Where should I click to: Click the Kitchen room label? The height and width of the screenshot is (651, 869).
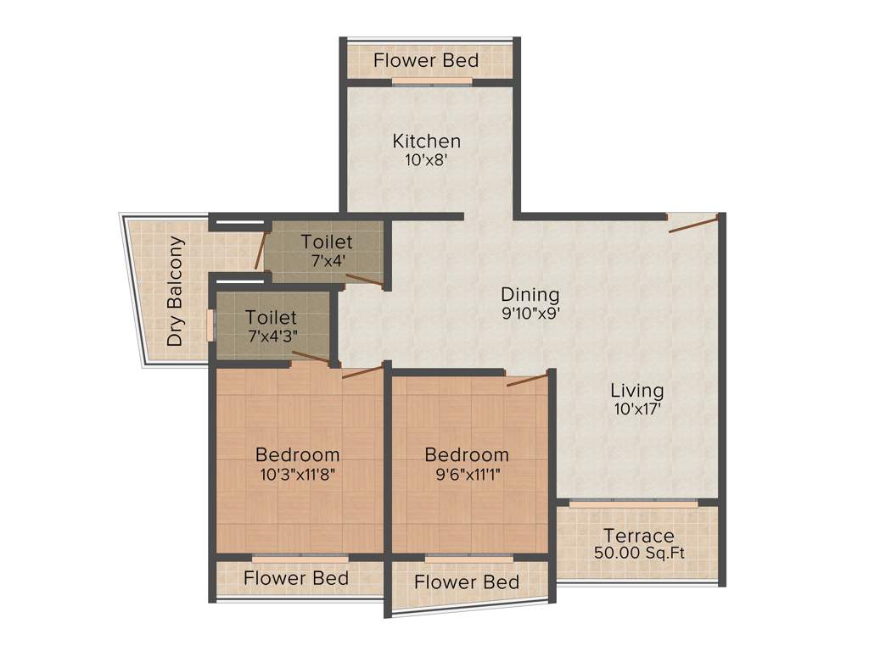click(426, 141)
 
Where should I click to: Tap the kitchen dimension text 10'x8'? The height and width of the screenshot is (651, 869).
click(426, 159)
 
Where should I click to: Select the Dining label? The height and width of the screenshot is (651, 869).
click(530, 294)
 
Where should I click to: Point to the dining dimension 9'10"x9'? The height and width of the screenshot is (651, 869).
click(530, 313)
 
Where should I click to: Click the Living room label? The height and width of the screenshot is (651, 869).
click(636, 391)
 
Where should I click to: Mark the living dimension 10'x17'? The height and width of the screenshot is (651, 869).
click(636, 409)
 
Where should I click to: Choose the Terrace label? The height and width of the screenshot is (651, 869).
click(638, 536)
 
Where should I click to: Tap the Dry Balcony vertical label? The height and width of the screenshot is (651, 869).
click(176, 291)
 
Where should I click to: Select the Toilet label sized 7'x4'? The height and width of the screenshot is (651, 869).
click(327, 242)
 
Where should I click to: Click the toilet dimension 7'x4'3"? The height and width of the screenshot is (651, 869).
click(272, 337)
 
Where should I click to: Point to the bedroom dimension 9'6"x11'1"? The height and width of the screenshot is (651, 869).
click(467, 474)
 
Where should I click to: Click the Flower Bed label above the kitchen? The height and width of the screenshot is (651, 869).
click(426, 61)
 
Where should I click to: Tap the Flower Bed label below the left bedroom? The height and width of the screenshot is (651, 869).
click(296, 578)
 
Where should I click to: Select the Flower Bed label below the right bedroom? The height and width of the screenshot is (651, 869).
click(467, 582)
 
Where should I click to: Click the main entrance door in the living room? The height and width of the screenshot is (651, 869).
click(693, 224)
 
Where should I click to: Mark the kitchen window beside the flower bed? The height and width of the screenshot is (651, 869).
click(432, 81)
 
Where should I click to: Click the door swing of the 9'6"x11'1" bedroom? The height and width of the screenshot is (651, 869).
click(527, 379)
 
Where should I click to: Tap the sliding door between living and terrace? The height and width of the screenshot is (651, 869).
click(633, 504)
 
